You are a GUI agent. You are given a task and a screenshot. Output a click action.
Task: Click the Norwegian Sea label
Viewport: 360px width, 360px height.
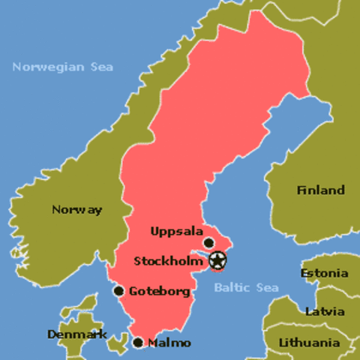[x=63, y=67]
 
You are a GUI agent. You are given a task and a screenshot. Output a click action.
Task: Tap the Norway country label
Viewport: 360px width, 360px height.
[x=76, y=210]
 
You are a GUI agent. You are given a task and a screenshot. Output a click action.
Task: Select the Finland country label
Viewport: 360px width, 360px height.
[x=320, y=190]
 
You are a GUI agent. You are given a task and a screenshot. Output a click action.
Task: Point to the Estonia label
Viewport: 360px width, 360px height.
[x=324, y=273]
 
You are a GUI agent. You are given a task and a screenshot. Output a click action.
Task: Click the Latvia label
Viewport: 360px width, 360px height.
[x=325, y=311]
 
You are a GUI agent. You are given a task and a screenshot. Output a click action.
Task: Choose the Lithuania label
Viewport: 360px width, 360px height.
[x=315, y=343]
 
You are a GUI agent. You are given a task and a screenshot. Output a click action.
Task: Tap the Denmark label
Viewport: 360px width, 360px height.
[x=76, y=334]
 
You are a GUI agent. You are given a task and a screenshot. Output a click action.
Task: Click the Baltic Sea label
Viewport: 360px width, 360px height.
[x=246, y=288]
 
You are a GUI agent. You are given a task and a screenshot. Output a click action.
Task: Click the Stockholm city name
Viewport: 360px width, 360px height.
[x=169, y=261]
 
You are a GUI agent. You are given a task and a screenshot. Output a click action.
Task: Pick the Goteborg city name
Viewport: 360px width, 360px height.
[x=159, y=291]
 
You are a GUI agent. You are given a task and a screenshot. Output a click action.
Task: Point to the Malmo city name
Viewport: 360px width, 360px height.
[x=169, y=343]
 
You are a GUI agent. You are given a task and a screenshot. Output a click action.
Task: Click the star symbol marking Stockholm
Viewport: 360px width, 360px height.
[x=217, y=261]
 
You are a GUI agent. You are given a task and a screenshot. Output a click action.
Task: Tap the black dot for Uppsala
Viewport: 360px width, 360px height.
[x=209, y=242]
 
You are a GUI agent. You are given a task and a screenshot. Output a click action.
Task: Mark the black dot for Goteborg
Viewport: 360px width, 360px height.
[x=118, y=291]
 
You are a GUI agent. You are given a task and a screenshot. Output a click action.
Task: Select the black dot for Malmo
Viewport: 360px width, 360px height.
[x=138, y=343]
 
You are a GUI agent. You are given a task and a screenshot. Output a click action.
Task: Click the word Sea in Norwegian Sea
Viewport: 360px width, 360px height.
[x=102, y=67]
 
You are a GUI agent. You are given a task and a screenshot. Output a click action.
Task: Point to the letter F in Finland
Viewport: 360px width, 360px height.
[x=300, y=190]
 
